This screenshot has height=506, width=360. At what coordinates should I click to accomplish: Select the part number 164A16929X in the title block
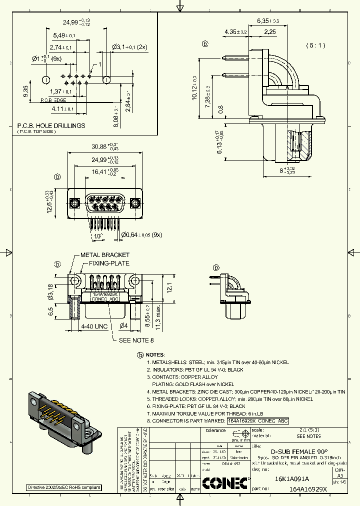(x=307, y=489)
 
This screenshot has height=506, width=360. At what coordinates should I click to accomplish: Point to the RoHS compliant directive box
(x=63, y=487)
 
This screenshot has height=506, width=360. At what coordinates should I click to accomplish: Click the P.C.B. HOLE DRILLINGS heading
(x=51, y=125)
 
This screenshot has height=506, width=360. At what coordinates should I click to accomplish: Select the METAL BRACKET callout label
(x=105, y=255)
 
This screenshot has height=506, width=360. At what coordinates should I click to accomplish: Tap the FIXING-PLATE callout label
(x=109, y=263)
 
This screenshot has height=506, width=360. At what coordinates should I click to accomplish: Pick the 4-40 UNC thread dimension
(x=94, y=325)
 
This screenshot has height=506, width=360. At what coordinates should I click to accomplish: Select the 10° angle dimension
(x=98, y=235)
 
